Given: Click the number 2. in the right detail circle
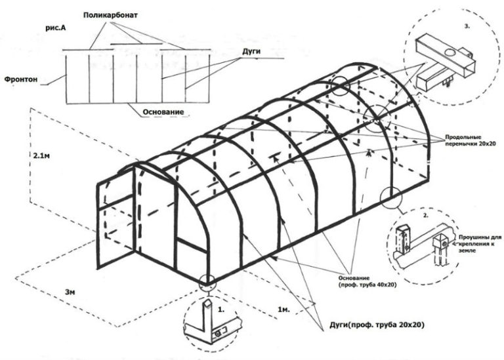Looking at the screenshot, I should coord(428,215).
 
